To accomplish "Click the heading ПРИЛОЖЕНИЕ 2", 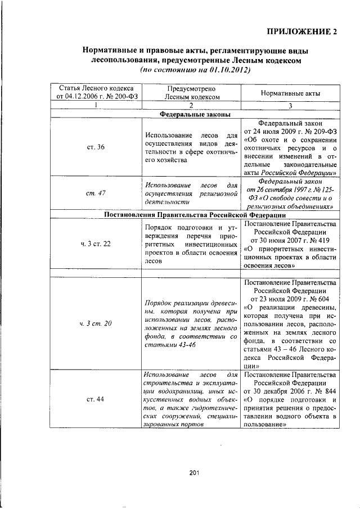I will (x=303, y=31).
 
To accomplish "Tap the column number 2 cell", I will (x=191, y=105).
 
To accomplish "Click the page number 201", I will (x=195, y=472).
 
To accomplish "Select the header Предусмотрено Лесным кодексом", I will (x=191, y=92).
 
